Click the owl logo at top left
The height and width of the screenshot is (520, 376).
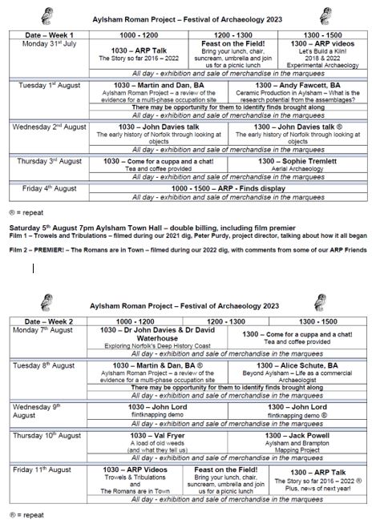[48, 14]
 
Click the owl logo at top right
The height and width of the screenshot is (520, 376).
[325, 14]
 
